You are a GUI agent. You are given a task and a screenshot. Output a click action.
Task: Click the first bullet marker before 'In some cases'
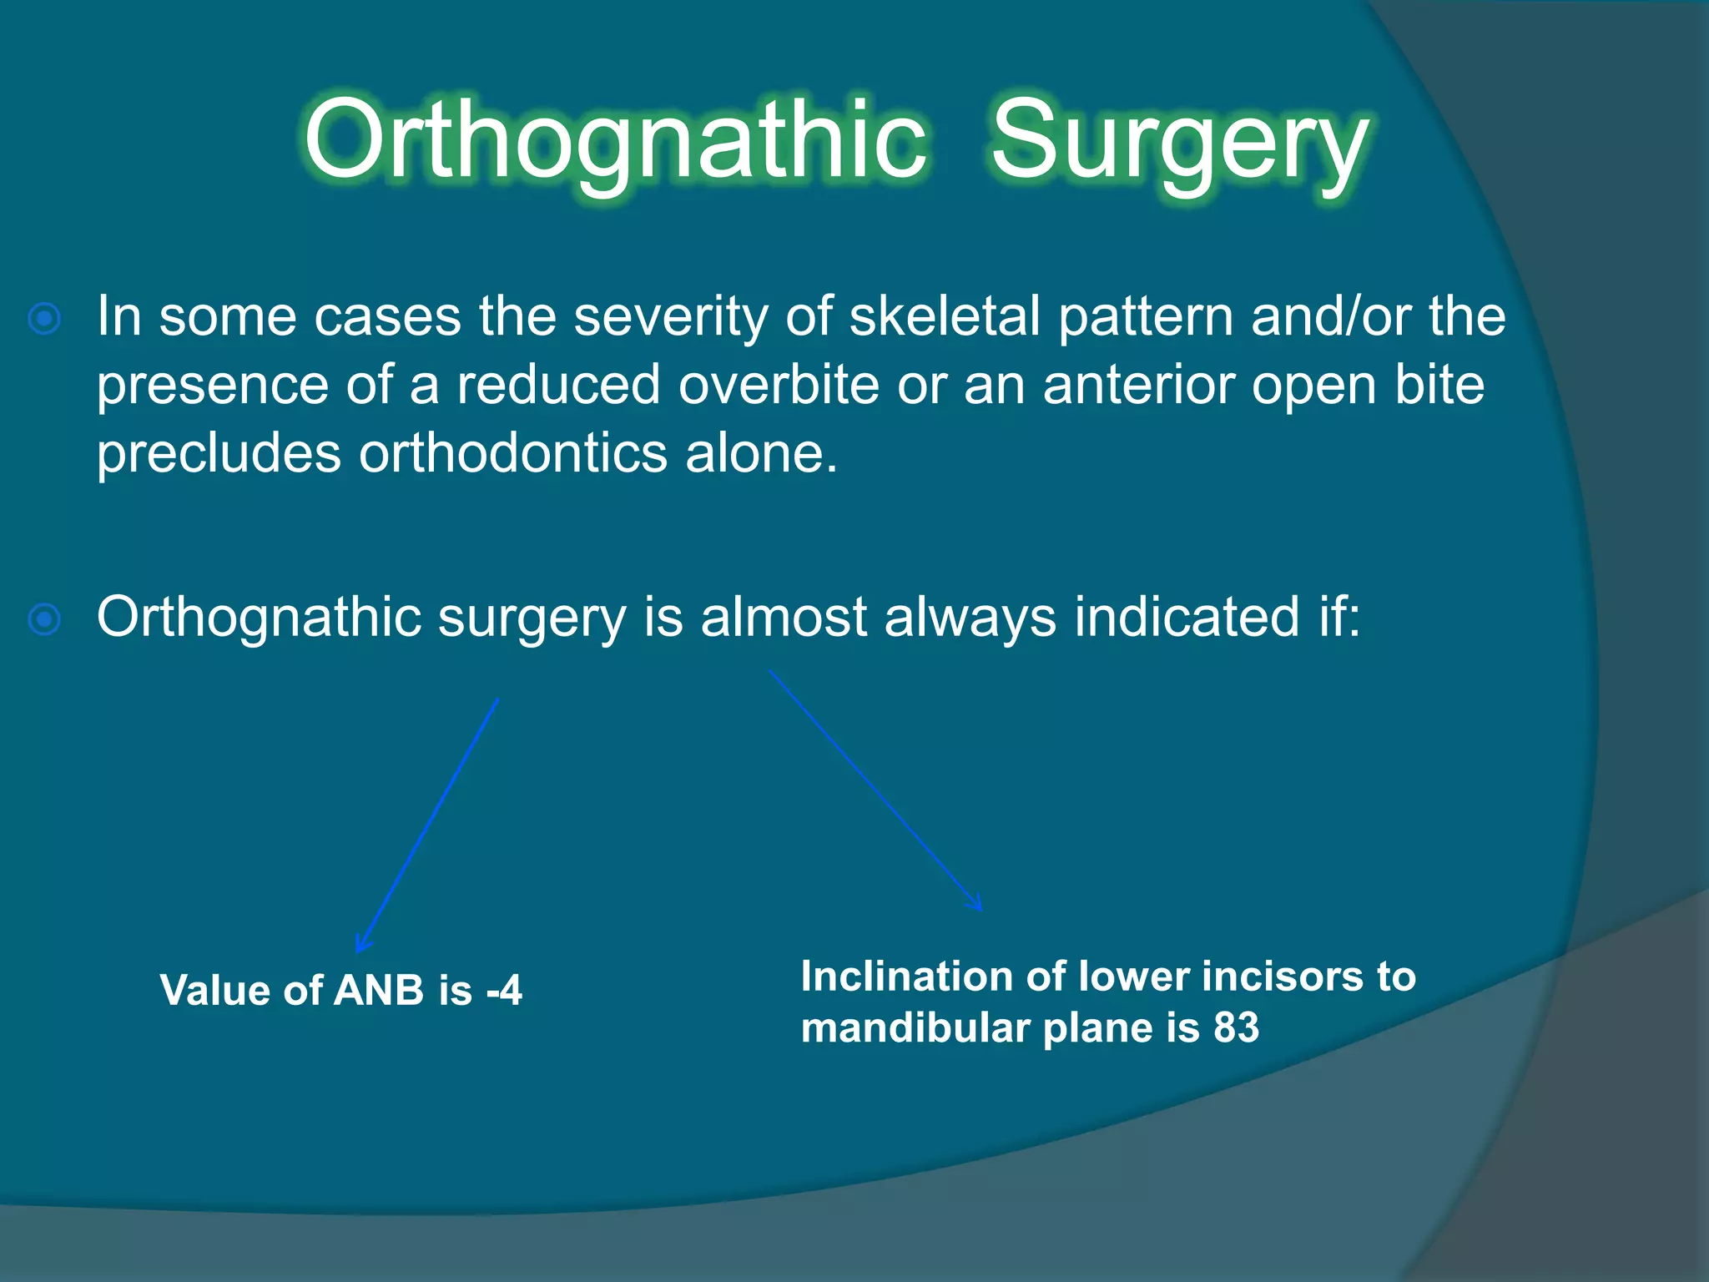click(44, 318)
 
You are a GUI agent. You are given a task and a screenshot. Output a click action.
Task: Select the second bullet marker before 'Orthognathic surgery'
click(44, 619)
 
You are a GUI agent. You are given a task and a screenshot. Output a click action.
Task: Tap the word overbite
click(779, 385)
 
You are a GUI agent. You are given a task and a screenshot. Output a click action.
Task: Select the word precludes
click(219, 454)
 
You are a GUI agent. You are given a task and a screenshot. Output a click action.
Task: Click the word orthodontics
click(513, 454)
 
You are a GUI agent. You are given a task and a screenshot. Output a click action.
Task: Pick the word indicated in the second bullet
click(1187, 618)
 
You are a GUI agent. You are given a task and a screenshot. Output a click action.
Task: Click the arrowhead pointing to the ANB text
click(361, 945)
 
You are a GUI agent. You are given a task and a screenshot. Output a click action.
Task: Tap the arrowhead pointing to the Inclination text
click(975, 904)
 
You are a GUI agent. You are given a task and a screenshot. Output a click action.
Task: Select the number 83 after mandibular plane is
click(1236, 1027)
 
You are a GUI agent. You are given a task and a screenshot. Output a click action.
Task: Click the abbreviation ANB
click(379, 991)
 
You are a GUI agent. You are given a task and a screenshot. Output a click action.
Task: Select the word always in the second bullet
click(970, 618)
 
